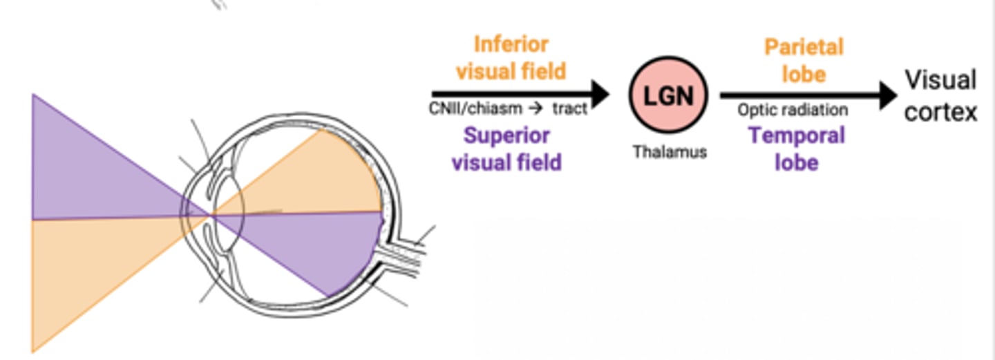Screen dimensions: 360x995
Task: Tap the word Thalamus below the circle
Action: point(670,151)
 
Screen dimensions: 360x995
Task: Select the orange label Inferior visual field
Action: point(511,57)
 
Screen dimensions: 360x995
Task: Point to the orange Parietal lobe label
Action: point(804,59)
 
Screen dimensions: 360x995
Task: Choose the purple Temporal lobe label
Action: point(797,149)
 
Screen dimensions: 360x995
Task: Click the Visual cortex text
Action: point(940,96)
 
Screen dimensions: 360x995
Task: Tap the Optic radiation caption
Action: point(793,111)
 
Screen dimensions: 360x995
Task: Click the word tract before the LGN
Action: point(569,109)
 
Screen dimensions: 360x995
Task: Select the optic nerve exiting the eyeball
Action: point(401,259)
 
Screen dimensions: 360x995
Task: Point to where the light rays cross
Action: point(211,216)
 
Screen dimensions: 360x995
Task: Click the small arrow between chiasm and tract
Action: point(535,109)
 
